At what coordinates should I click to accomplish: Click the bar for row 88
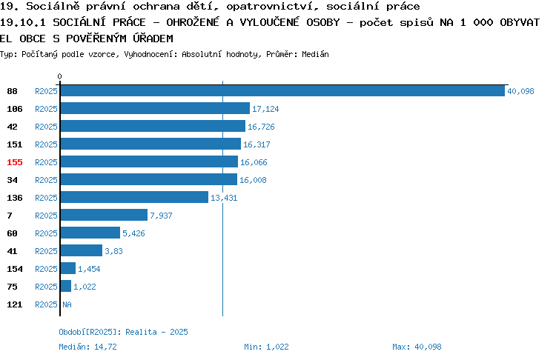point(282,90)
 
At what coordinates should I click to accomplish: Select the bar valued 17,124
point(155,108)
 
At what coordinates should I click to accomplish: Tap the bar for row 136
point(134,197)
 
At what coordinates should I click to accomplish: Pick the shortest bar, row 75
point(66,286)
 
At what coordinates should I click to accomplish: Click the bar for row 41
point(82,250)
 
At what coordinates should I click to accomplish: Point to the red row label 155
point(15,162)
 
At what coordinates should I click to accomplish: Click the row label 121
point(15,304)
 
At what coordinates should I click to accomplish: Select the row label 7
point(10,216)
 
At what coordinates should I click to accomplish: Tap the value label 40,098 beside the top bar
point(520,91)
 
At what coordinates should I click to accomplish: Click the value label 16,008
point(253,180)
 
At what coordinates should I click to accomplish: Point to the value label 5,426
point(133,233)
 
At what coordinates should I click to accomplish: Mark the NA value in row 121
point(67,304)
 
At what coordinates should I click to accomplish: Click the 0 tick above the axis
point(59,76)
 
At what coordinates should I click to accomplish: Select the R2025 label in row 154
point(46,269)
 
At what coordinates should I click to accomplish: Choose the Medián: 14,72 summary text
point(87,347)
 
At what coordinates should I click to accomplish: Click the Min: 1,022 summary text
point(266,347)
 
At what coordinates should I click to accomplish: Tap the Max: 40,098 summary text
point(417,347)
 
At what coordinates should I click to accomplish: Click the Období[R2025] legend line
point(123,332)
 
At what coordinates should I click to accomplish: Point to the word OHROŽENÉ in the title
point(193,22)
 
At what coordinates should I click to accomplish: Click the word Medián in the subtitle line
point(315,54)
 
